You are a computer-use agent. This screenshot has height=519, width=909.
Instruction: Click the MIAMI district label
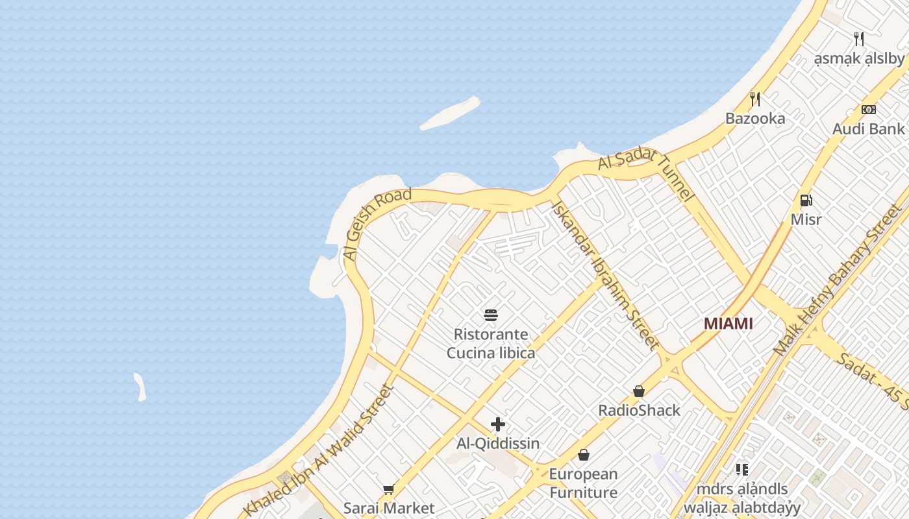[728, 323]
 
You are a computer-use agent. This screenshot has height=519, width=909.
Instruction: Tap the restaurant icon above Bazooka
[755, 99]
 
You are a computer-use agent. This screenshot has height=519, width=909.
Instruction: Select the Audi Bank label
[868, 128]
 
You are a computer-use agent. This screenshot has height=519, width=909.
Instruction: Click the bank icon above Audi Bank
[868, 110]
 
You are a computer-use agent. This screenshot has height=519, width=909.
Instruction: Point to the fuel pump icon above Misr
[806, 200]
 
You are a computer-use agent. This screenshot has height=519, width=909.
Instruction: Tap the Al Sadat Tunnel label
[646, 174]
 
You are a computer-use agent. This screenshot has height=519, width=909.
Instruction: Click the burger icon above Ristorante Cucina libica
[491, 316]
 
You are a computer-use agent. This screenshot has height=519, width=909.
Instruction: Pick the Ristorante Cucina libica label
[491, 344]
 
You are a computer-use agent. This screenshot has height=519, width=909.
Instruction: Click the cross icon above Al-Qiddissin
[498, 424]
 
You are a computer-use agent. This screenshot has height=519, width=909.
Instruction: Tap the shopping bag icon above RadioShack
[639, 391]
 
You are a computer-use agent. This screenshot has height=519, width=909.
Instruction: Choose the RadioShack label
[639, 410]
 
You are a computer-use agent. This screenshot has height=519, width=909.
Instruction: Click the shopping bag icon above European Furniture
[583, 455]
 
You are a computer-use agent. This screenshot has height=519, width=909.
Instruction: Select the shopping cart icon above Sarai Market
[388, 489]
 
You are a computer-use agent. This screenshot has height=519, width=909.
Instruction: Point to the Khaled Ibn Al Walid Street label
[319, 451]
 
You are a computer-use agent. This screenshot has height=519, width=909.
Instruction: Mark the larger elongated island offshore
[450, 113]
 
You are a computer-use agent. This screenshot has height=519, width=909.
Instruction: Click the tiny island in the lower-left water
[140, 387]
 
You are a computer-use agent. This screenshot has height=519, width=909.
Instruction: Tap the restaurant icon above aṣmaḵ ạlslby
[859, 39]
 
